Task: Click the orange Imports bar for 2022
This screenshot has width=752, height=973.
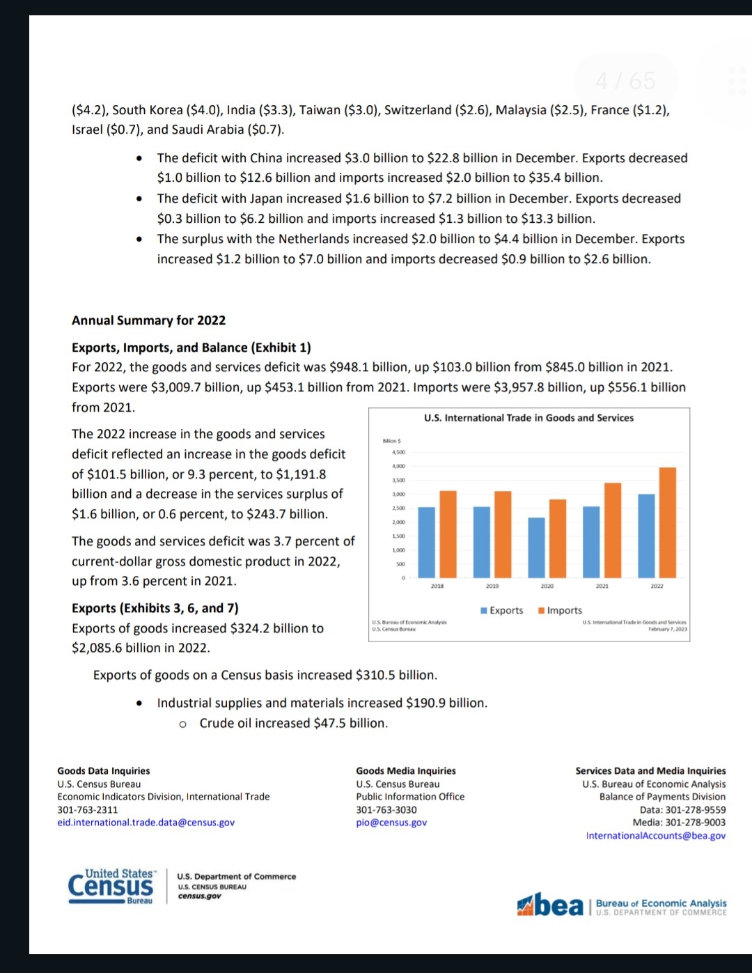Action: pos(667,522)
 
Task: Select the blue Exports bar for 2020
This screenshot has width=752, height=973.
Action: pos(536,547)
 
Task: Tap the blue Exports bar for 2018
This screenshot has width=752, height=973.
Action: pos(426,542)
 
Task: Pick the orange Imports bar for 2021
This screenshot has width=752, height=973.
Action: pos(613,530)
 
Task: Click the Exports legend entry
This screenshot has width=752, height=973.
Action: pos(501,610)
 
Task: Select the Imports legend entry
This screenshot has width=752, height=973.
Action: pos(560,610)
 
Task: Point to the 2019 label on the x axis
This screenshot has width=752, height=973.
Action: pos(492,586)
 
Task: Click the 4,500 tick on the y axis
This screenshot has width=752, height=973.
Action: pos(398,452)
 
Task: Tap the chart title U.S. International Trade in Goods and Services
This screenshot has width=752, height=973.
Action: pos(528,418)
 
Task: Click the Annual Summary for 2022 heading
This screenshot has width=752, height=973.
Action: pos(148,320)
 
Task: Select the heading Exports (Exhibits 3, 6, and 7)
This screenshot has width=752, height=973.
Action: pos(155,608)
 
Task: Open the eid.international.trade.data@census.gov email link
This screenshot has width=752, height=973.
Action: pos(146,823)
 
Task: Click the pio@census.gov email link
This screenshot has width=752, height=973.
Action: pos(391,823)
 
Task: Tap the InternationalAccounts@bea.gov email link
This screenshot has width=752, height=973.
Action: pos(655,836)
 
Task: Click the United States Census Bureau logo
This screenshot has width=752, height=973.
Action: pos(111,887)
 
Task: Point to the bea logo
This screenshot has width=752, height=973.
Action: pos(551,905)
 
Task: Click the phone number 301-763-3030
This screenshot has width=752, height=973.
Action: pos(386,810)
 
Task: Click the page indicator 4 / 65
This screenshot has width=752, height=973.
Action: pos(625,81)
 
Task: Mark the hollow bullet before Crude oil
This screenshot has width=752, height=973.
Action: pos(182,724)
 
